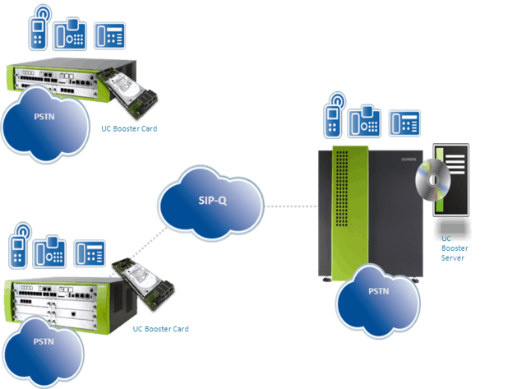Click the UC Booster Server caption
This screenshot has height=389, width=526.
coord(453,246)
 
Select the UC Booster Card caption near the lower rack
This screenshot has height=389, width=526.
coord(161,329)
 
